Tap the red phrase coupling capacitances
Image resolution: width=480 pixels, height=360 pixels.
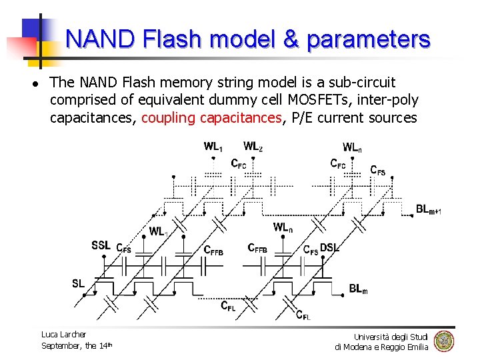point(212,118)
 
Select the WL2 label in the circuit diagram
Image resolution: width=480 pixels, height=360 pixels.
point(253,146)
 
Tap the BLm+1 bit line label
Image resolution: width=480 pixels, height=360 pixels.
point(428,210)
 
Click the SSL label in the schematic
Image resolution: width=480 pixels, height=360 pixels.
point(102,245)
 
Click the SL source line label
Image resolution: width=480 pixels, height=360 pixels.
point(79,283)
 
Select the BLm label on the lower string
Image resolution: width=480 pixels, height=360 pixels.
point(358,289)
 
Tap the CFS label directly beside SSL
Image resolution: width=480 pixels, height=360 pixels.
point(123,248)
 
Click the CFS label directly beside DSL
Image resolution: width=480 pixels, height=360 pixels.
point(311,250)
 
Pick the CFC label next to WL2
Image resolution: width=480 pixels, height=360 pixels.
point(238,163)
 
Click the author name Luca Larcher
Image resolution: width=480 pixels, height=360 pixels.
point(63,334)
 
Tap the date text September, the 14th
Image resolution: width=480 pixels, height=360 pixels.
point(76,345)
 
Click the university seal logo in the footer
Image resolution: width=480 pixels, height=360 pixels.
point(443,341)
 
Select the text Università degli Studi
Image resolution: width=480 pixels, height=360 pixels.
point(391,336)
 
